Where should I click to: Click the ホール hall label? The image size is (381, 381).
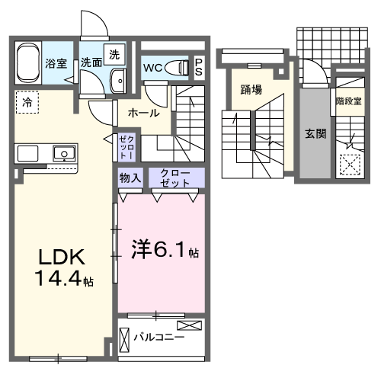pos(143,113)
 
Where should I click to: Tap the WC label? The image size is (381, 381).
pos(153,67)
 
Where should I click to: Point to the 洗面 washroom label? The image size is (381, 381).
pos(91,64)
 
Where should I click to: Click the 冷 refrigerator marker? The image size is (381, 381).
pos(27,102)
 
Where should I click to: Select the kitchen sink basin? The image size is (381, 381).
pos(63,154)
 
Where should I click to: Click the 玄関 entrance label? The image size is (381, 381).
pos(315,133)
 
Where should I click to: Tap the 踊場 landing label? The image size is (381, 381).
pos(251,90)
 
